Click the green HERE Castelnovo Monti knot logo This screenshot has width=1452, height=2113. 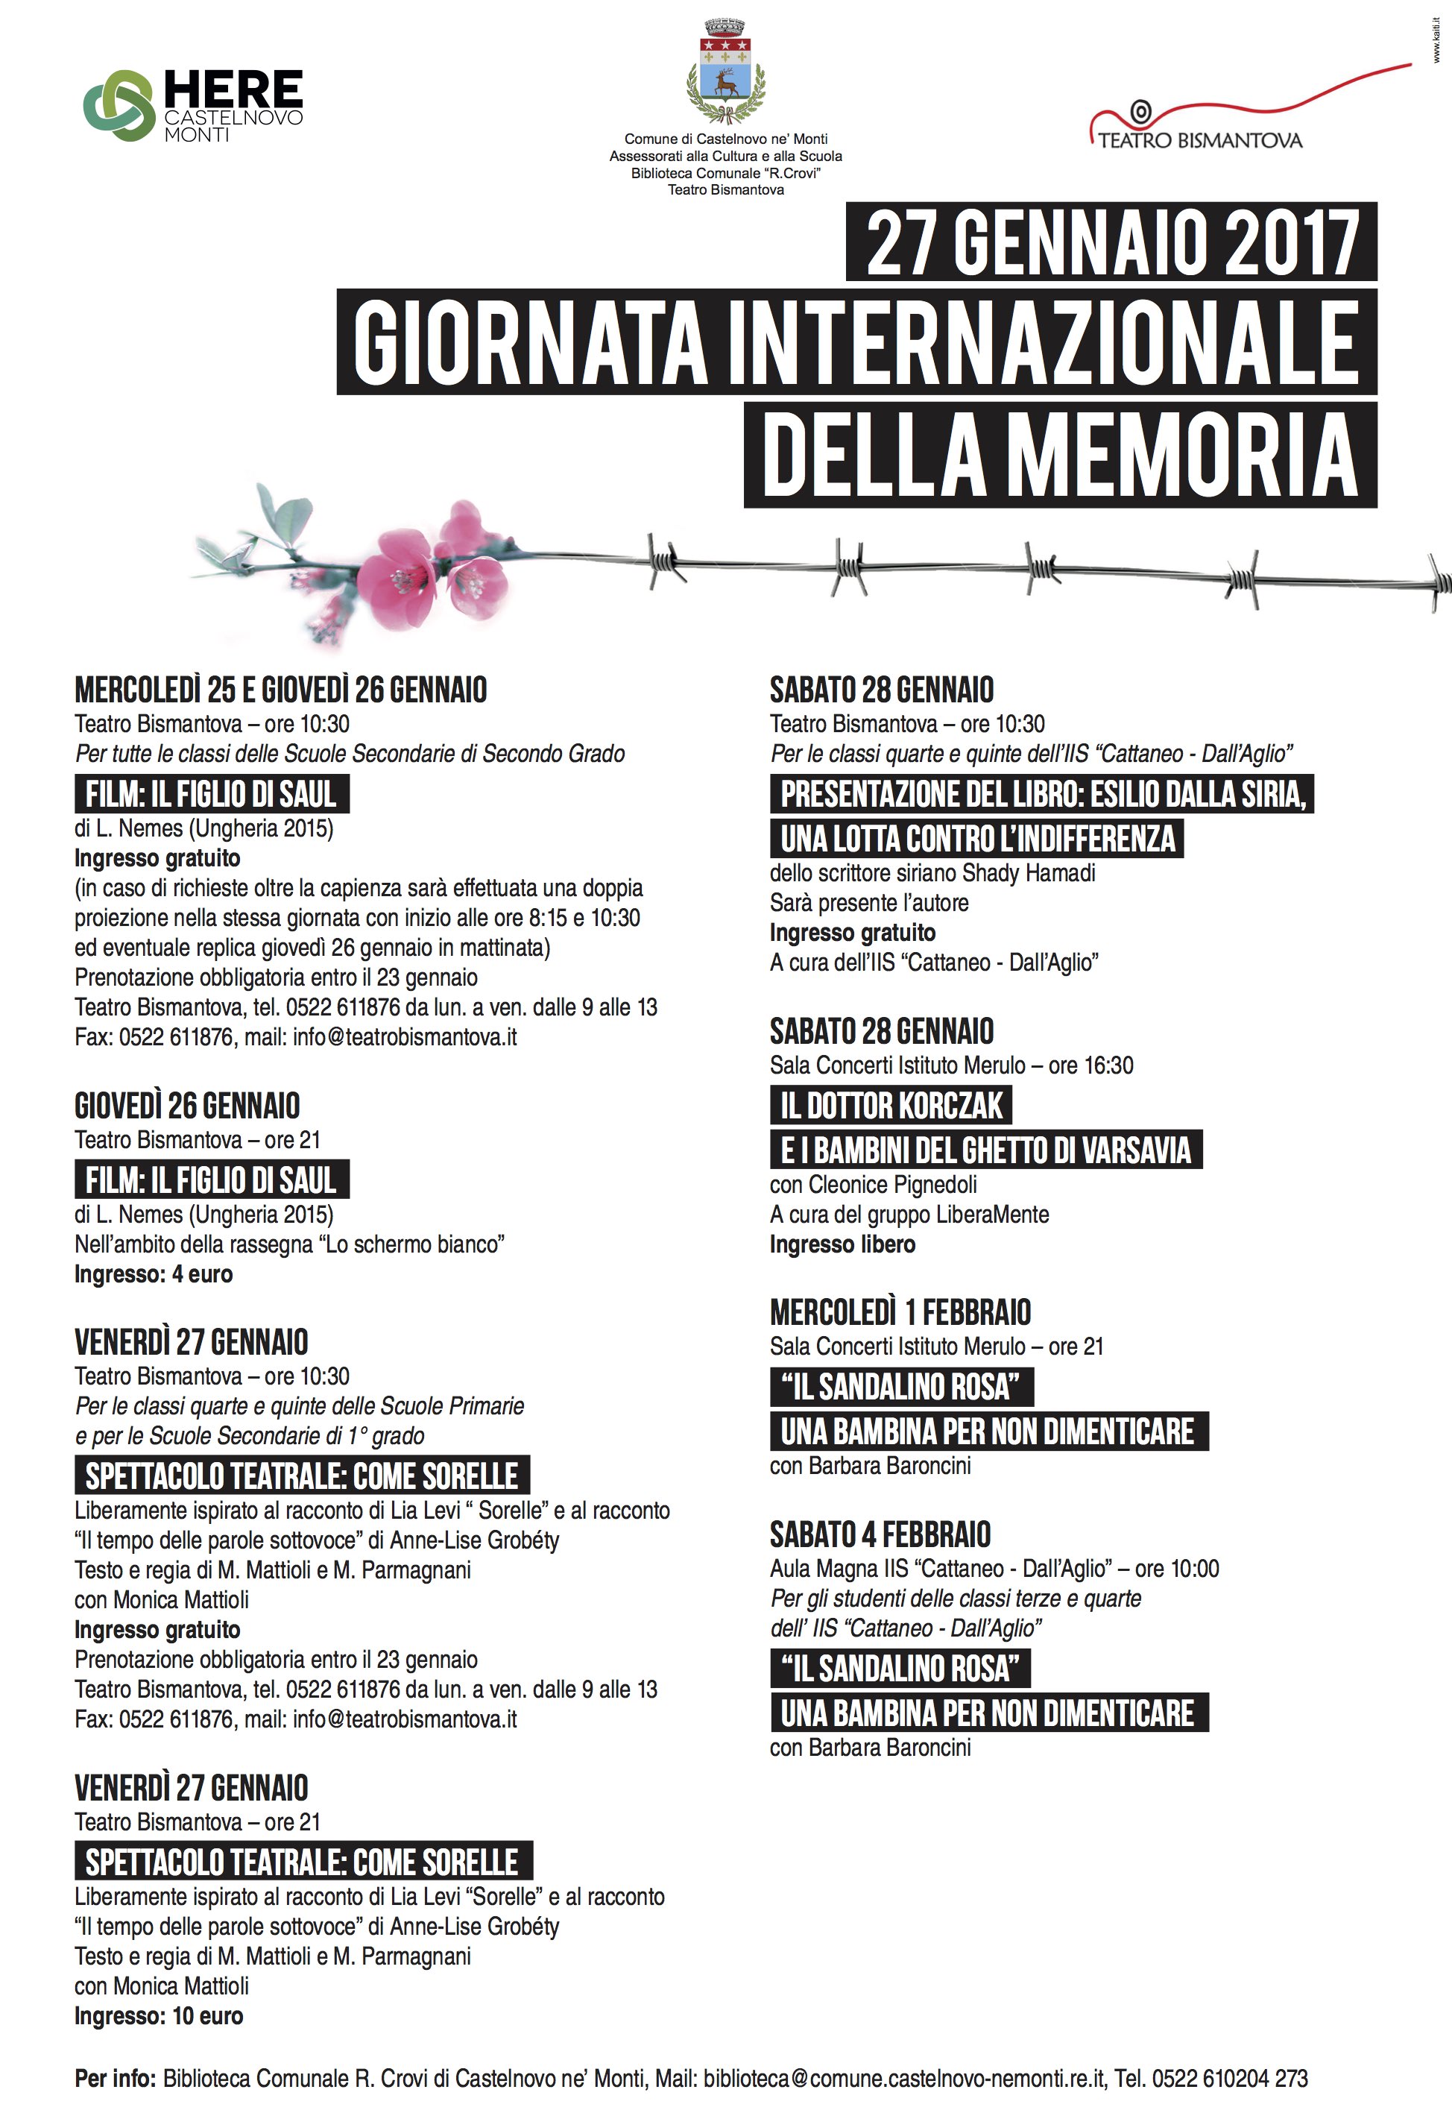119,106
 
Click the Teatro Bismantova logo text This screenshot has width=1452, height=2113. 1199,140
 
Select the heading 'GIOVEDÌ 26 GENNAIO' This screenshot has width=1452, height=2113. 186,1106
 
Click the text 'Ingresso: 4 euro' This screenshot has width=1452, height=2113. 153,1274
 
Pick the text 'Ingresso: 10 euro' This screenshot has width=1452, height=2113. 158,2015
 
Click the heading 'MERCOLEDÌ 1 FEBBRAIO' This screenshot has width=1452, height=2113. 900,1312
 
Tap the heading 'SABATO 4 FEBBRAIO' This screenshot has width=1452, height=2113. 880,1535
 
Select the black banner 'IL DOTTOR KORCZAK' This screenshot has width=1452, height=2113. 891,1106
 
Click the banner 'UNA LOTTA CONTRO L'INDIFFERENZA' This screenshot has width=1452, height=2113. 977,839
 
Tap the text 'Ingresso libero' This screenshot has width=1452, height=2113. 842,1244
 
